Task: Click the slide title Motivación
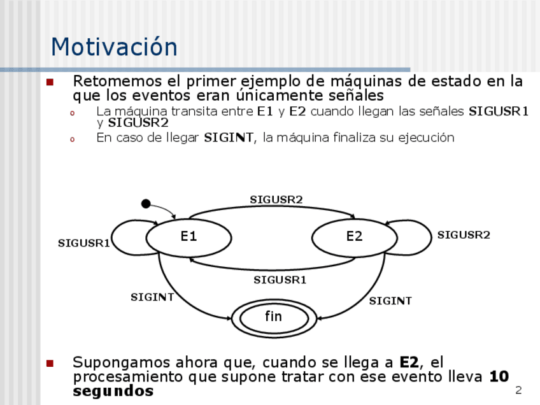114,48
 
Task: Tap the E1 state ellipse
188,237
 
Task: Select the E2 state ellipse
354,237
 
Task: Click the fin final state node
273,316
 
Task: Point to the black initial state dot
146,204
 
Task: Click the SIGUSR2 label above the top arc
276,199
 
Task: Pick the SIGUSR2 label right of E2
464,235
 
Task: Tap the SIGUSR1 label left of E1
84,243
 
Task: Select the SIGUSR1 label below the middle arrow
280,280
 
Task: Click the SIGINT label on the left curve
152,297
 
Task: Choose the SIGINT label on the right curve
390,301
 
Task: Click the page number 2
518,390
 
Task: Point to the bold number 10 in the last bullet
499,377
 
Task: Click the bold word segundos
113,391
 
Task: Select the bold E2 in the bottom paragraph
409,363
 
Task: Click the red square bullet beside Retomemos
50,82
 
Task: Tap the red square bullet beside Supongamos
50,364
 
